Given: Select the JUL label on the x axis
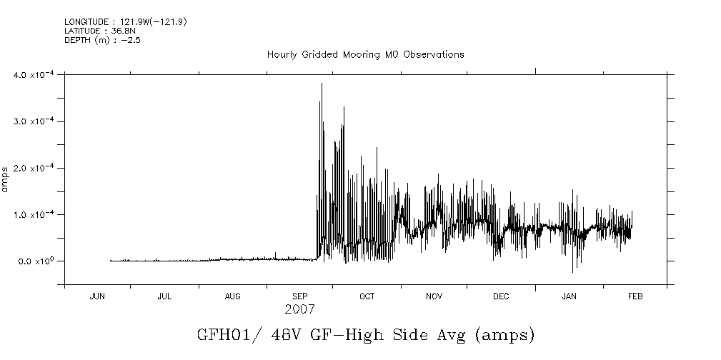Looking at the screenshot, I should click(164, 296).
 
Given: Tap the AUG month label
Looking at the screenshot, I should click(232, 296).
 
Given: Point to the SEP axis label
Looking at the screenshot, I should click(300, 296).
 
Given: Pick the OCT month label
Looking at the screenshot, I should click(367, 296).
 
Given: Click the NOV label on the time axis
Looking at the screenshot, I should click(434, 296).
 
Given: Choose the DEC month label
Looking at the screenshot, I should click(501, 296).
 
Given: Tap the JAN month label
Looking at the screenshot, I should click(569, 296).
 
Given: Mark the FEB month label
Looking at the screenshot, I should click(635, 296).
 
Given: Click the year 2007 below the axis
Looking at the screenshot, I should click(299, 310).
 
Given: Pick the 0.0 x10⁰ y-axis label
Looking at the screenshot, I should click(36, 261).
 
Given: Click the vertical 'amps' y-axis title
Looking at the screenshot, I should click(6, 179).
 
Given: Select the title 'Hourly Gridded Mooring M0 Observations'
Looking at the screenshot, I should click(365, 54).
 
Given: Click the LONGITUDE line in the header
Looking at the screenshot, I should click(126, 22).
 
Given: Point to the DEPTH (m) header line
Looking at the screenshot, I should click(99, 39).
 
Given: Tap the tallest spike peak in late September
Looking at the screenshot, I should click(322, 84).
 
